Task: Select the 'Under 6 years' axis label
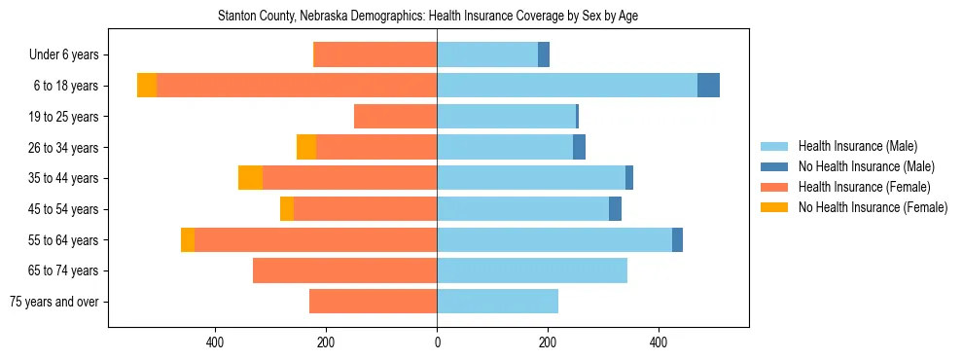[69, 55]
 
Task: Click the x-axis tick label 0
[437, 342]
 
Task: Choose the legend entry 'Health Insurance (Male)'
[858, 146]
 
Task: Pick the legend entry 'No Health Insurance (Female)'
[873, 207]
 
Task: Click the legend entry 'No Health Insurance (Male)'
[866, 166]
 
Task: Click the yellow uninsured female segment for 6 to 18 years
[147, 86]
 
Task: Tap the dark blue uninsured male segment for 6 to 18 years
[708, 86]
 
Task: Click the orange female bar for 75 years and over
[374, 302]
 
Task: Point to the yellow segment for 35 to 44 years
[250, 178]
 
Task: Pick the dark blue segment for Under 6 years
[544, 55]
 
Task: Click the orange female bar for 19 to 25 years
[396, 117]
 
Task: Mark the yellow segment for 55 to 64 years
[188, 239]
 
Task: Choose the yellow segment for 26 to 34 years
[306, 147]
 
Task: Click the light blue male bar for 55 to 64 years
[554, 239]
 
